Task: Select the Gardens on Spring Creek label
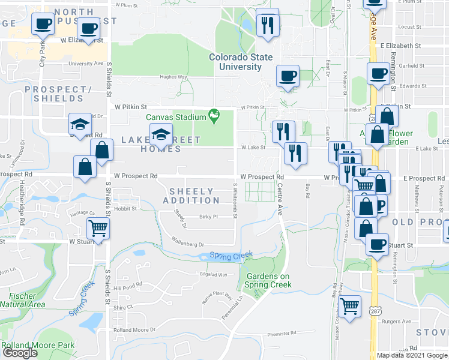pos(268,280)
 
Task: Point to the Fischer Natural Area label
pos(22,299)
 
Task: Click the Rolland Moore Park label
pos(38,345)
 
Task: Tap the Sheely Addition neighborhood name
pos(191,195)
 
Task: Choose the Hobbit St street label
pos(126,209)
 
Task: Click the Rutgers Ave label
pos(399,321)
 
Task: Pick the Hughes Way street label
pos(173,77)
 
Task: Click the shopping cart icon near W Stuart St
pos(98,227)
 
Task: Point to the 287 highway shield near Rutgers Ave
pos(375,312)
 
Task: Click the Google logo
pos(20,353)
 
